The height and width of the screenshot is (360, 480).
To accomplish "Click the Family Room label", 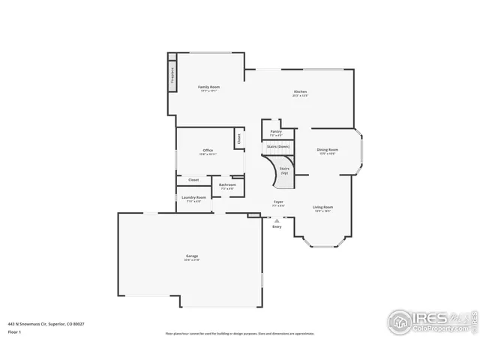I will click(208, 88).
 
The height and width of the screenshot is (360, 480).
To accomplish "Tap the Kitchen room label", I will click(300, 93).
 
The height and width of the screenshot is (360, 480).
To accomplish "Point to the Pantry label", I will click(276, 133).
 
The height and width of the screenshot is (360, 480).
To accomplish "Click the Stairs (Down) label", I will click(278, 146).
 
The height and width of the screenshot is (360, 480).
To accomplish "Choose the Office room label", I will click(208, 151).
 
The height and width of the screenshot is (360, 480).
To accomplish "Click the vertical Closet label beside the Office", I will click(239, 139).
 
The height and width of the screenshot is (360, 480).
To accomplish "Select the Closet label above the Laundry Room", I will click(193, 180).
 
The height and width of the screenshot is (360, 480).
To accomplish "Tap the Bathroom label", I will click(227, 186).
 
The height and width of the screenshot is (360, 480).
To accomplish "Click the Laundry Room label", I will click(193, 199).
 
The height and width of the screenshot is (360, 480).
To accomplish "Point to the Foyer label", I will click(277, 202).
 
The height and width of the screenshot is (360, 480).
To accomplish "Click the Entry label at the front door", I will click(277, 226).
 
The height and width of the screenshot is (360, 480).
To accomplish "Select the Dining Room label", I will click(328, 151).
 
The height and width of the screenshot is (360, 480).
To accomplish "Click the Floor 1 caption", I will click(15, 331).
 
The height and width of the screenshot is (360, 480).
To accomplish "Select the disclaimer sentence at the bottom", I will click(239, 334).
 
